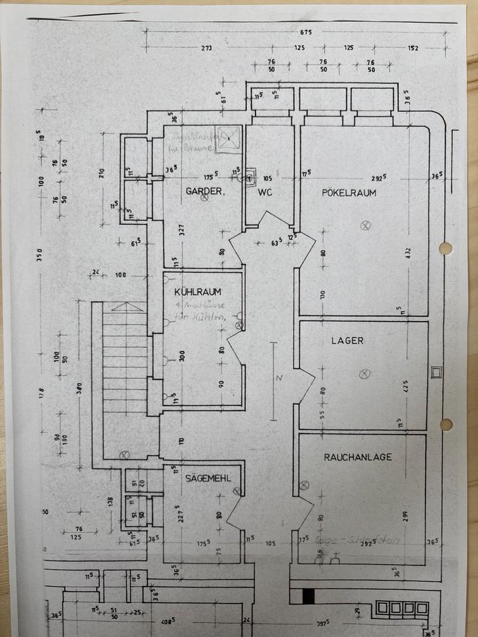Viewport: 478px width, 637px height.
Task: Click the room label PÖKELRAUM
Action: (x=349, y=193)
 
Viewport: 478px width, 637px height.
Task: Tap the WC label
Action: (x=265, y=192)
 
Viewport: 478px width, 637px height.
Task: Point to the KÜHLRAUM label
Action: (x=198, y=292)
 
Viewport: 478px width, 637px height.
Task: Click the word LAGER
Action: (x=347, y=340)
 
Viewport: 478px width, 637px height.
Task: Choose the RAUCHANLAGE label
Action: (x=358, y=457)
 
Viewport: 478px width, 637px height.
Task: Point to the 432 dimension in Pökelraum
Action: (x=409, y=253)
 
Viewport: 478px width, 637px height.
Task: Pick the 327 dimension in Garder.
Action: (x=181, y=232)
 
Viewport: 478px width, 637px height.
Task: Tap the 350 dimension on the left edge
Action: (x=40, y=254)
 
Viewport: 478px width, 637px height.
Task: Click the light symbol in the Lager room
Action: (x=364, y=374)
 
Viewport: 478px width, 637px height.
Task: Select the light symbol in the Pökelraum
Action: (x=364, y=226)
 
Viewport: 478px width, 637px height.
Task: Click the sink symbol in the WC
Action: (x=250, y=177)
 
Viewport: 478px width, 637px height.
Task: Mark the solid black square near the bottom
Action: (x=307, y=597)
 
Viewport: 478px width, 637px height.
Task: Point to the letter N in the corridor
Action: (x=280, y=378)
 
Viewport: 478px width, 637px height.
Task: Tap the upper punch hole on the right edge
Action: (x=445, y=248)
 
